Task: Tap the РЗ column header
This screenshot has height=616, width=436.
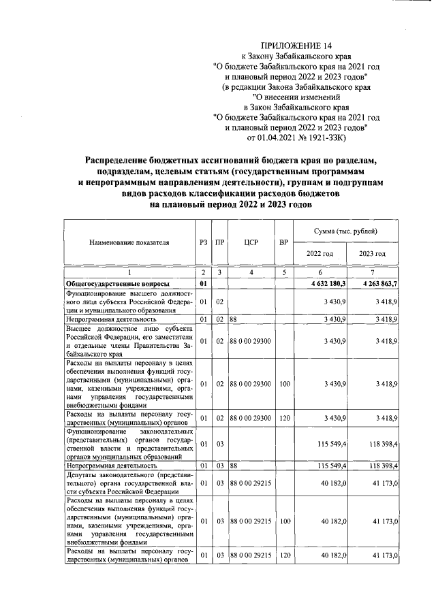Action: click(202, 242)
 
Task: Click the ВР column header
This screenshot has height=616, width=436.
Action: click(283, 242)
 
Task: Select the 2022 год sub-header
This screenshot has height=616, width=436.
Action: click(320, 254)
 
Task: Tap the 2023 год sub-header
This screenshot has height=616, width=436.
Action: click(372, 254)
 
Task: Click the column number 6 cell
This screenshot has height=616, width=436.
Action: click(320, 272)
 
